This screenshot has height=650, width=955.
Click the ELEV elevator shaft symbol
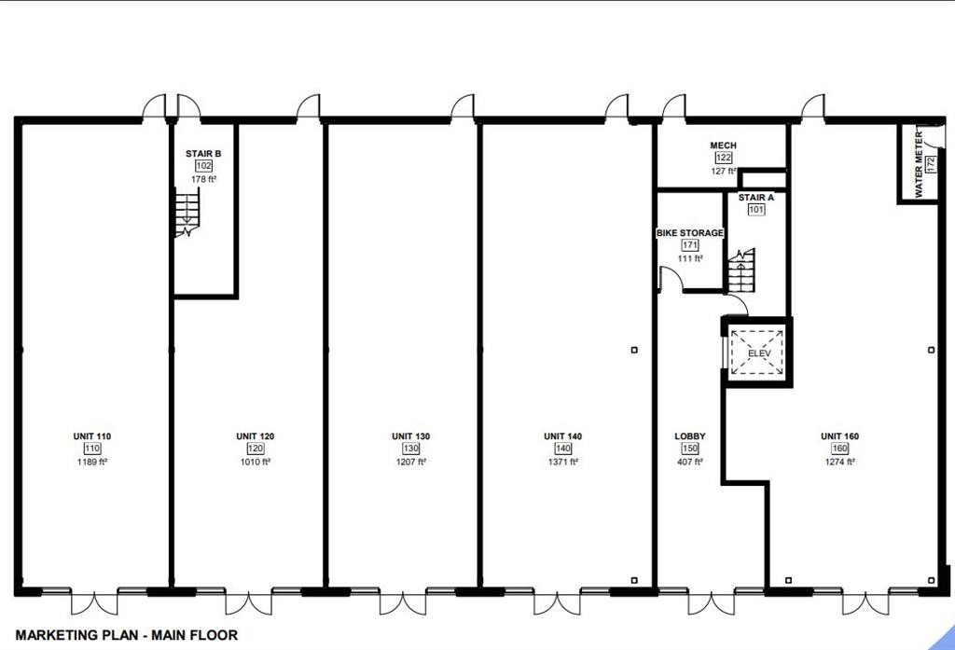pos(756,353)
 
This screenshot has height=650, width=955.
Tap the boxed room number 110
pos(92,449)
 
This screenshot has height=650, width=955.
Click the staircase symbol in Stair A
pos(740,272)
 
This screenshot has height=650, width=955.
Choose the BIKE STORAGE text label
pos(689,233)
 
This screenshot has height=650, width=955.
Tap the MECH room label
pos(723,145)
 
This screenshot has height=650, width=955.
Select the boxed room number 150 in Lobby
pos(690,449)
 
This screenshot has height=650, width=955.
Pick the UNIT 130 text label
pos(410,436)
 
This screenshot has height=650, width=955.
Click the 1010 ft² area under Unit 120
pos(255,461)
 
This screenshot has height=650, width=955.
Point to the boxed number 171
pos(690,245)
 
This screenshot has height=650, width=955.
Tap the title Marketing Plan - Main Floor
pos(126,635)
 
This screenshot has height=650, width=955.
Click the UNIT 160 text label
pos(839,436)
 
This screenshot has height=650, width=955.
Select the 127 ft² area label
pos(723,171)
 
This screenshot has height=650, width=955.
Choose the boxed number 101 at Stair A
pos(755,210)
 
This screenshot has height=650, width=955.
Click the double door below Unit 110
pos(94,602)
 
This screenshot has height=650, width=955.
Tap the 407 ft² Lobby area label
pos(690,461)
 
